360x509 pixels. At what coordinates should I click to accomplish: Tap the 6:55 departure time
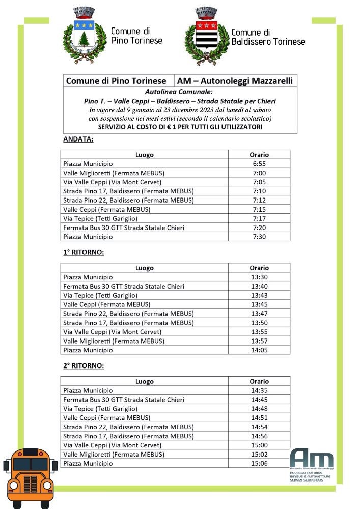coord(259,164)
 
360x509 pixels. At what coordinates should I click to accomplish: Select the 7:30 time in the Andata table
coord(259,237)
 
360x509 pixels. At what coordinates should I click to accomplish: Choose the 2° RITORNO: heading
coord(84,365)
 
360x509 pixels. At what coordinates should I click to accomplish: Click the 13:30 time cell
coord(259,277)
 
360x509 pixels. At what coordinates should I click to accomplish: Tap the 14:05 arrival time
coord(259,350)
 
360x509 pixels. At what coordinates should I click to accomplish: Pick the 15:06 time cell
coord(259,464)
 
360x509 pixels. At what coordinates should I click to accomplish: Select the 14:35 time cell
coord(259,391)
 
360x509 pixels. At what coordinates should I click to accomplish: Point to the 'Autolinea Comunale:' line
coord(180,92)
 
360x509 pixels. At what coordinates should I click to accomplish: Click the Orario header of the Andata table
coord(259,155)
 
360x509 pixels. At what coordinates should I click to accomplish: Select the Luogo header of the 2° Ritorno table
coord(144,381)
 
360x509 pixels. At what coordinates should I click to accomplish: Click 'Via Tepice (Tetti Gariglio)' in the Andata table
coord(100,218)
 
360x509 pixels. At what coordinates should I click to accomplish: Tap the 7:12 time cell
coord(259,201)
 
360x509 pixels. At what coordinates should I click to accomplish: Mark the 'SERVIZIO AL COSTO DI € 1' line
coord(180,127)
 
